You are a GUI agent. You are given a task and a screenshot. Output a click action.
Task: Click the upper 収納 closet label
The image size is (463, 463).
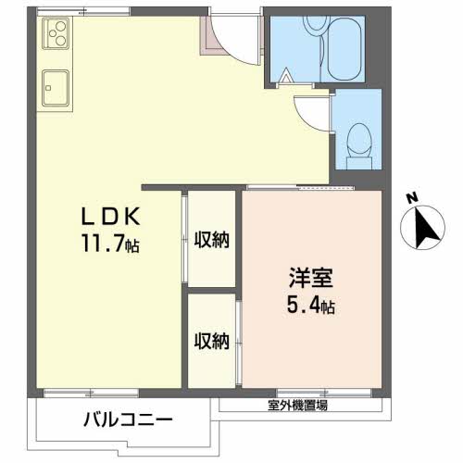(212, 240)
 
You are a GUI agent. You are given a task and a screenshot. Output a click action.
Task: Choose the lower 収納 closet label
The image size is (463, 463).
(212, 341)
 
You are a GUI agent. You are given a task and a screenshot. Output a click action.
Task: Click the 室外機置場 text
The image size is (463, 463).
(296, 405)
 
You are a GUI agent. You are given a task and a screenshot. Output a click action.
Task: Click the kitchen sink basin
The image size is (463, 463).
(56, 90)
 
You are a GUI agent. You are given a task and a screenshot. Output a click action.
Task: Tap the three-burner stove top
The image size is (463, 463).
(56, 36)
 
